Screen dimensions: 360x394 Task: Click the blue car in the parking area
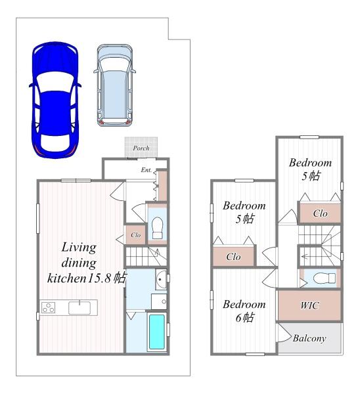tap(55, 100)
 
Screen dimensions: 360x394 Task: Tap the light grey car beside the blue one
tap(115, 85)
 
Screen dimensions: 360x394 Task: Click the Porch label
tap(141, 148)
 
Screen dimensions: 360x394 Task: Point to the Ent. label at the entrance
tap(146, 170)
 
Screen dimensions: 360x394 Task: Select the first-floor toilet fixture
tap(158, 228)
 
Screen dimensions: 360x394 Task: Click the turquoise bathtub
tap(157, 332)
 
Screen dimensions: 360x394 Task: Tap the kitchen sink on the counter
tap(79, 307)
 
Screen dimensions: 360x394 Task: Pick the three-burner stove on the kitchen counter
tap(48, 307)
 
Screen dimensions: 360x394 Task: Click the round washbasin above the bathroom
tap(161, 280)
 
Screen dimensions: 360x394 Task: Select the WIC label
tap(309, 305)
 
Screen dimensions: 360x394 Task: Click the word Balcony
tap(309, 338)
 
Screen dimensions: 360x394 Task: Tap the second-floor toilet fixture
tap(325, 278)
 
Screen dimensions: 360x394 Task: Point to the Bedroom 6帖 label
tap(244, 311)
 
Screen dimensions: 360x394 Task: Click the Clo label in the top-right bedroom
tap(321, 213)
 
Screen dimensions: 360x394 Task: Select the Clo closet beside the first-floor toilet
tap(136, 235)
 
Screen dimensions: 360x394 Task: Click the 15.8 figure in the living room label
tap(99, 278)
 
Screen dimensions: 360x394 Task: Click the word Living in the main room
tap(79, 248)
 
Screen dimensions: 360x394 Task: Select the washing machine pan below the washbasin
tap(159, 301)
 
